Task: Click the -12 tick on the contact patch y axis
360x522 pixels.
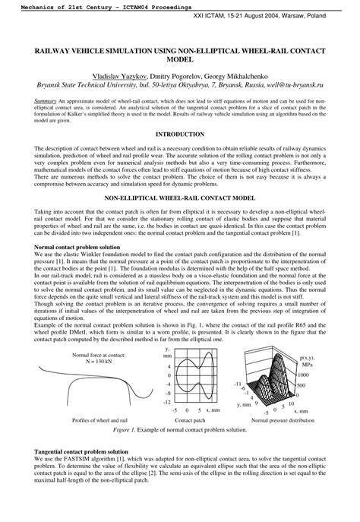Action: pos(166,402)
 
